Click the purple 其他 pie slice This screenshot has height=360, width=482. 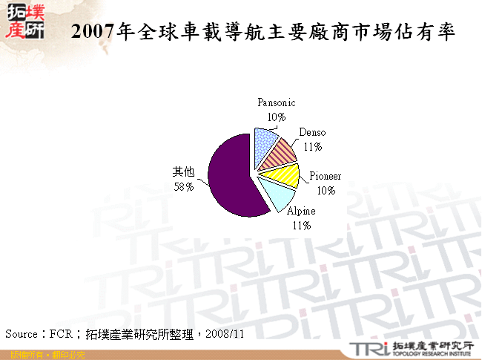(230, 175)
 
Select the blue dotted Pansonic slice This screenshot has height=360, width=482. (265, 144)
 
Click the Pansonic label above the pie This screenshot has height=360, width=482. (277, 103)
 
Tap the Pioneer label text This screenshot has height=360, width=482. (326, 177)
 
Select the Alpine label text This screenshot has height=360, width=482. (301, 212)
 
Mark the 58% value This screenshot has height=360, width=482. (184, 187)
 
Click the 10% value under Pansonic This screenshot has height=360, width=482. (277, 117)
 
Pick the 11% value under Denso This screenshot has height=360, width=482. (312, 146)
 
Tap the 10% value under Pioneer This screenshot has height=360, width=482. (325, 190)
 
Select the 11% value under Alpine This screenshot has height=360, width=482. (301, 225)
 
